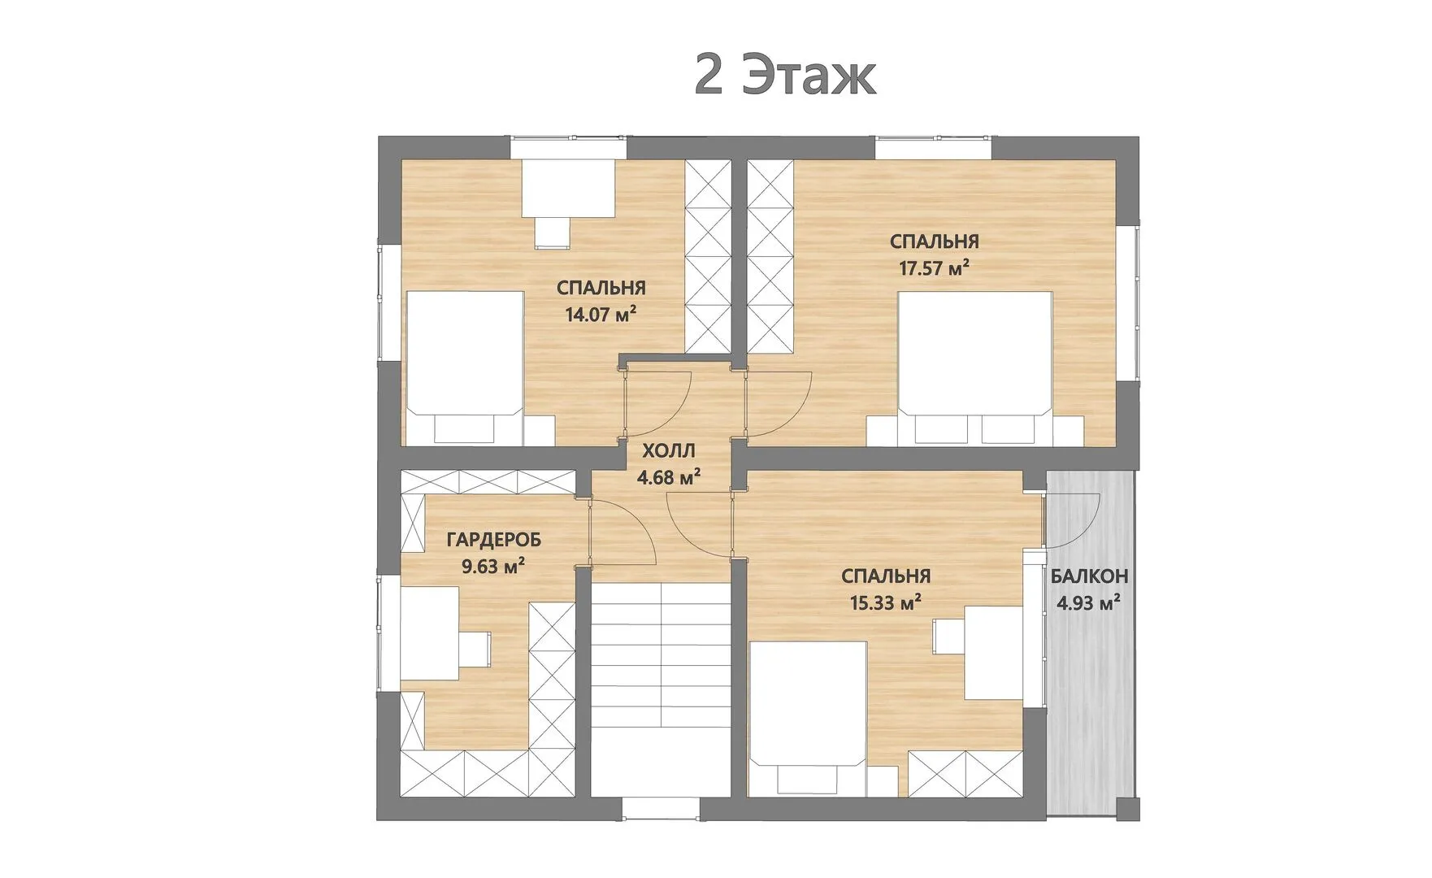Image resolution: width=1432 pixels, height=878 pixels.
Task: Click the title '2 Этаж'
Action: [785, 76]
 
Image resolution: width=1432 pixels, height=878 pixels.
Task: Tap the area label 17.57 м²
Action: [934, 268]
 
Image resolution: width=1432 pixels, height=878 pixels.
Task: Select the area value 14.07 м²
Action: [601, 315]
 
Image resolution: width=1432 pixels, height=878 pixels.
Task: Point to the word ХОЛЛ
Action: [669, 451]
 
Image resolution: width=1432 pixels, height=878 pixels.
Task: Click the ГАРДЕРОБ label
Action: [494, 540]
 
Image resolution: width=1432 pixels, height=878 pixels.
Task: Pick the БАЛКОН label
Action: [1089, 577]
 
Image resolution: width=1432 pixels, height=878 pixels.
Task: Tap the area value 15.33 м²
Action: [885, 602]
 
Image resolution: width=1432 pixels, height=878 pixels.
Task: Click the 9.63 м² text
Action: [493, 566]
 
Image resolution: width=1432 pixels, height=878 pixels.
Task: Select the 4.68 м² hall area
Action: [669, 477]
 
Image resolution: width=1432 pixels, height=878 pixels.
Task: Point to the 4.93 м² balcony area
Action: [1089, 603]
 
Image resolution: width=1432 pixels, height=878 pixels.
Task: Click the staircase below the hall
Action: [661, 689]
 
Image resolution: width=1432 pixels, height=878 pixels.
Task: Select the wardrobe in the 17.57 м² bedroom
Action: [770, 256]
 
